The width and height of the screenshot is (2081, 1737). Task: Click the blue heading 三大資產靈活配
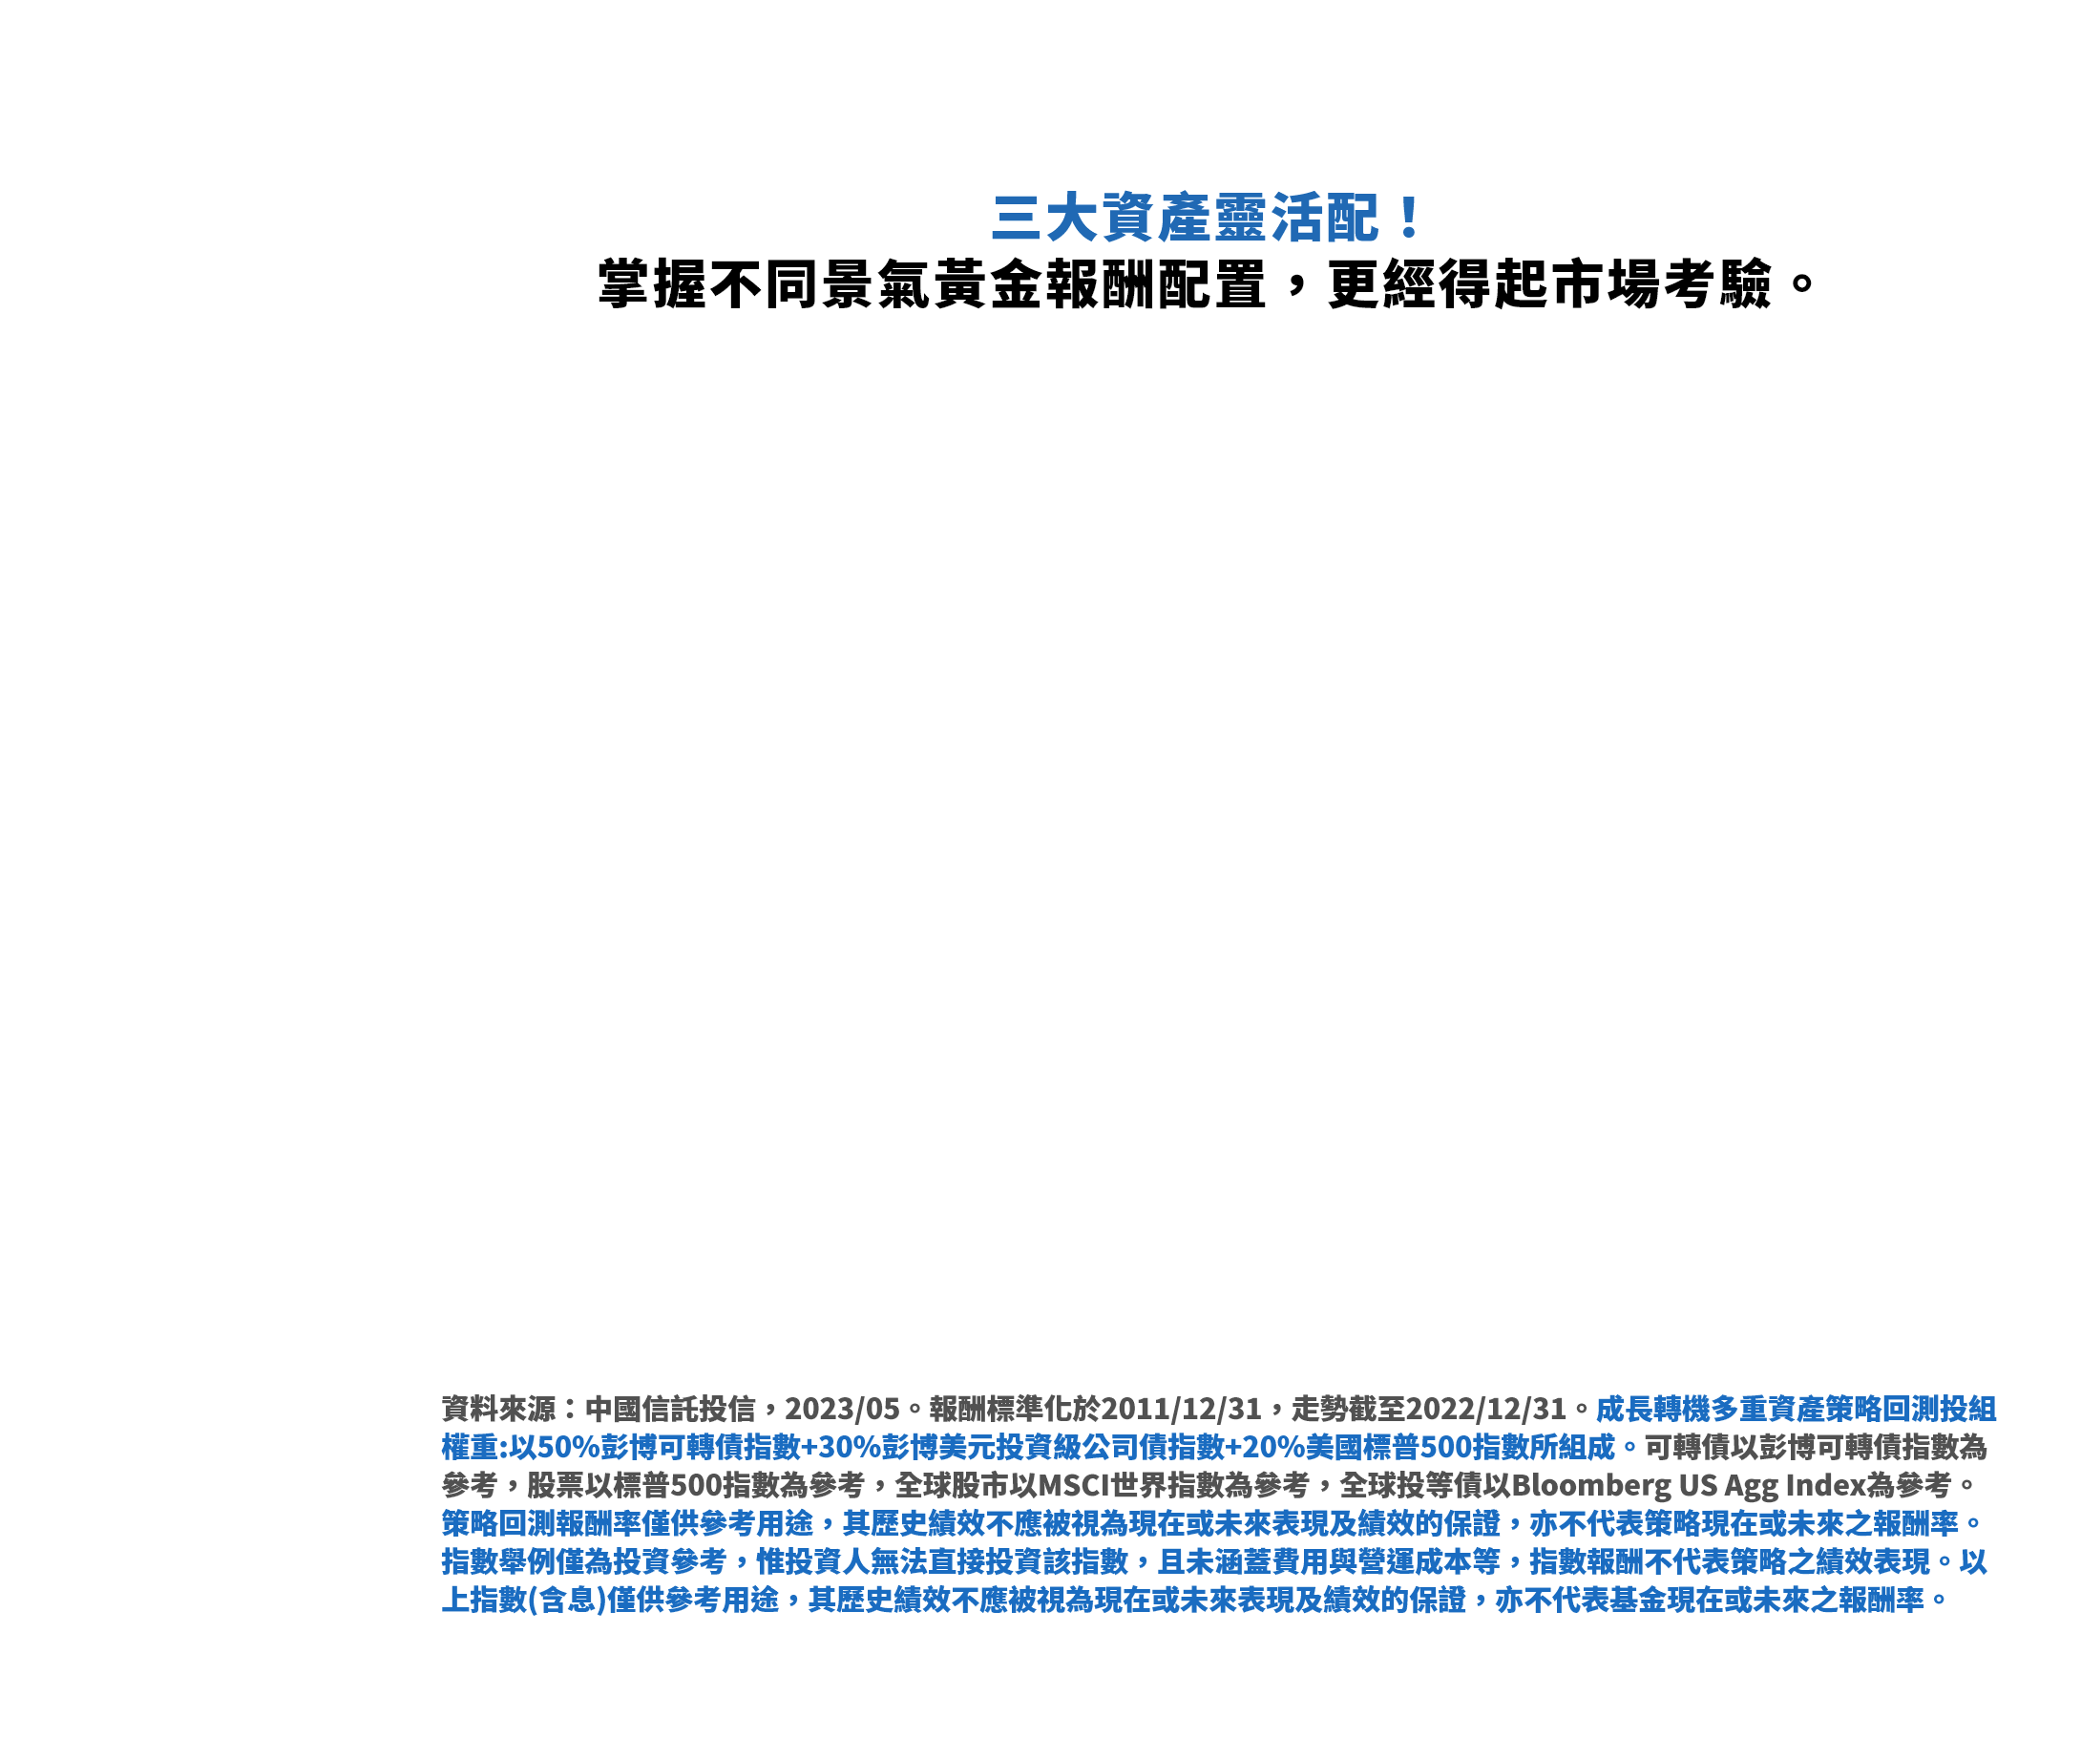coord(1185,218)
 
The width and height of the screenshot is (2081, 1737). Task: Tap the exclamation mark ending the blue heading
coord(1408,218)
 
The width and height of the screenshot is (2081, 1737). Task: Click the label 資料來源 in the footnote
coord(498,1408)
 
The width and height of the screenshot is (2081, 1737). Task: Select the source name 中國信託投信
coord(670,1408)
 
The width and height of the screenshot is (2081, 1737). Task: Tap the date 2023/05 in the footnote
coord(842,1408)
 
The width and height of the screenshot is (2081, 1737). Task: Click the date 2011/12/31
coord(1181,1408)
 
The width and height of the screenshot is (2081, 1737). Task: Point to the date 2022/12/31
coord(1485,1408)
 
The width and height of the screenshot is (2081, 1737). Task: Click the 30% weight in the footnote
coord(850,1447)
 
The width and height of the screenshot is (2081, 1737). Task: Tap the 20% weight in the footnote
coord(1273,1447)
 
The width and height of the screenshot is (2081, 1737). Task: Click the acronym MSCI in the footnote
coord(1074,1484)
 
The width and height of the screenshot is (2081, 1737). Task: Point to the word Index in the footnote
coord(1825,1484)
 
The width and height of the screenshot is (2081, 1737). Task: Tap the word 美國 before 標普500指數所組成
coord(1335,1447)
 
